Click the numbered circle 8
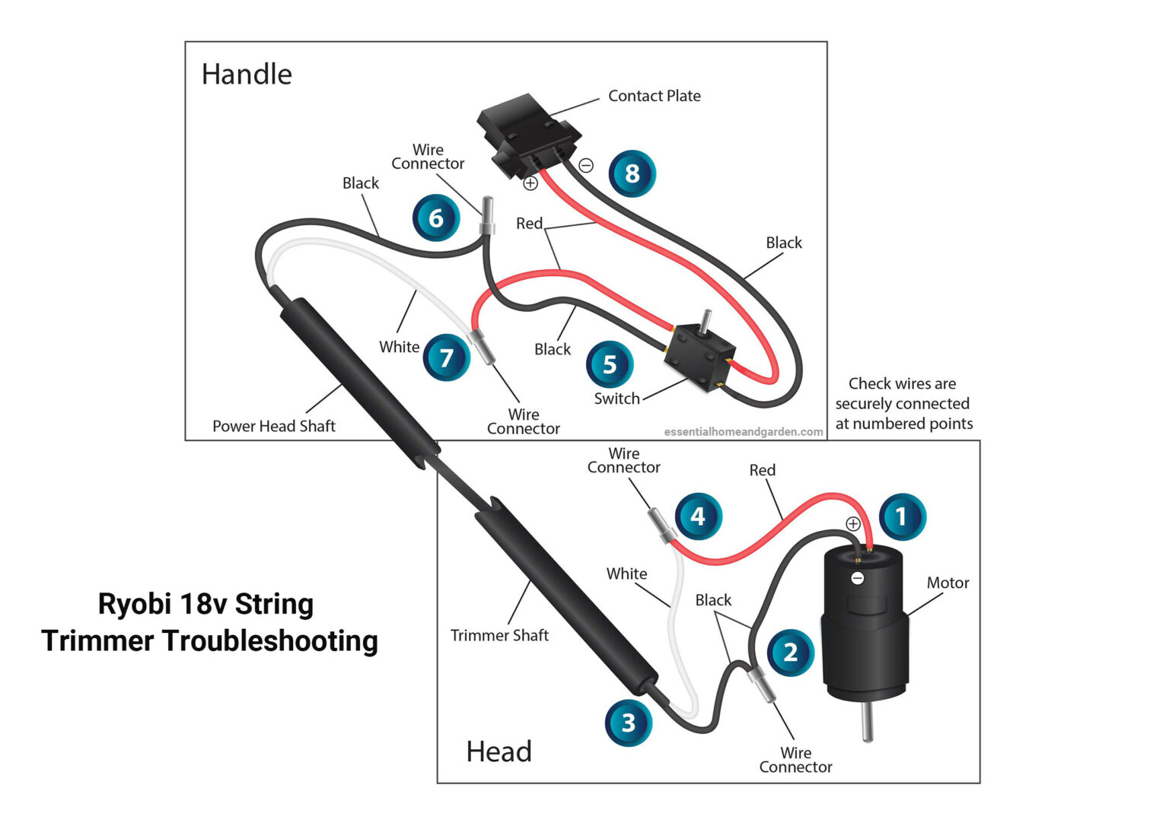coord(632,174)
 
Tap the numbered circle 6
coord(435,218)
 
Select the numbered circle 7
coord(447,357)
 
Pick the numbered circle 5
coord(610,364)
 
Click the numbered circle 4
coord(698,516)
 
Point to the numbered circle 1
coord(902,517)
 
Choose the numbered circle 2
coord(791,652)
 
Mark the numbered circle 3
coord(628,723)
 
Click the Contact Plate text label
coord(654,97)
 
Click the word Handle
coord(247,75)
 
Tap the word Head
coord(498,751)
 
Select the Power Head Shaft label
coord(273,427)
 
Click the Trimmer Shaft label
coord(499,636)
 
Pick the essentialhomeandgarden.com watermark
coord(743,432)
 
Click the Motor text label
coord(948,583)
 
